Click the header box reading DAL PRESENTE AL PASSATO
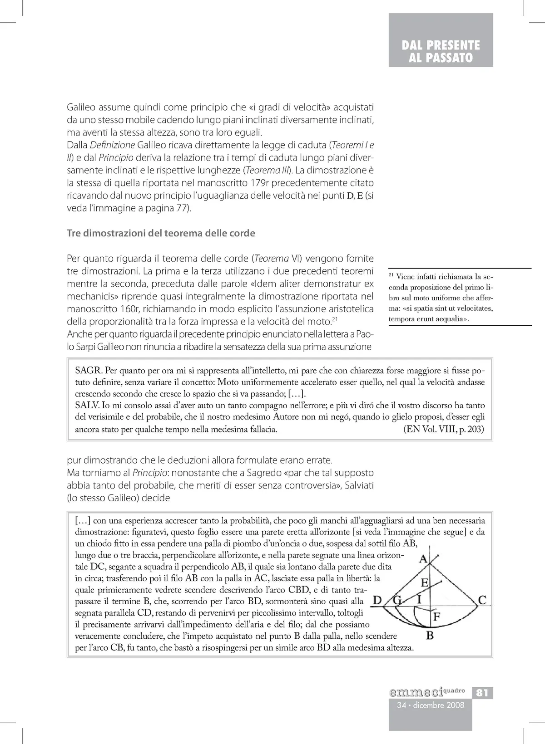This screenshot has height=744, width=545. [x=441, y=51]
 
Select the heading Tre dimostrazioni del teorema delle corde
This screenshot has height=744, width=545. [x=161, y=233]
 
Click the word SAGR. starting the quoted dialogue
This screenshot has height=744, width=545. [x=89, y=369]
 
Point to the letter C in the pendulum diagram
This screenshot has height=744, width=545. [x=482, y=600]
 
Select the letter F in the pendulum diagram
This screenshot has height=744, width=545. [x=436, y=617]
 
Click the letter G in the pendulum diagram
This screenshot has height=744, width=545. [x=398, y=600]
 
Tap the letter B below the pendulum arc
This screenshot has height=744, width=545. [x=430, y=636]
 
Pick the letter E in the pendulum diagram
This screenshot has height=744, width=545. [x=425, y=582]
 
